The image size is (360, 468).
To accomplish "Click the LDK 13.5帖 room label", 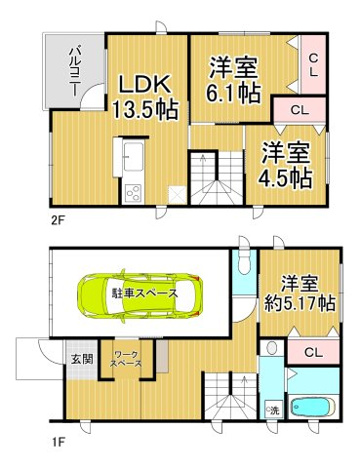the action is pos(145,97).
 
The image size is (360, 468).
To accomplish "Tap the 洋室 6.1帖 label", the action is pos(233,80).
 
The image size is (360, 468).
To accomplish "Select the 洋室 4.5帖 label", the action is pos(286,165).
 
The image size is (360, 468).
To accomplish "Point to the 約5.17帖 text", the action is pos(300,303).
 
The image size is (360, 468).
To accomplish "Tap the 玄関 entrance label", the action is pos(82,359).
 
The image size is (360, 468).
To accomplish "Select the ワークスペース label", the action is pos(126,359).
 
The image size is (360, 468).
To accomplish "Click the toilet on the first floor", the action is pos(244,264).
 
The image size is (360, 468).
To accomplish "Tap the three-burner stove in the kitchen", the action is pos(133,193).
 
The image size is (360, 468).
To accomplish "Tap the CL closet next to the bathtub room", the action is pos(313,352).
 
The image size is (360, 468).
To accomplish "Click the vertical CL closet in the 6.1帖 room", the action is pos(313,65).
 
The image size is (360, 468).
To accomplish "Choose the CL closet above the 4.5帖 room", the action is pos(299,110).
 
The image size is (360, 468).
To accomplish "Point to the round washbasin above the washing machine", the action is pos(272,348).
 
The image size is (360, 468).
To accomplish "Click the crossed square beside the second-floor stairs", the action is pos(178,194).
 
